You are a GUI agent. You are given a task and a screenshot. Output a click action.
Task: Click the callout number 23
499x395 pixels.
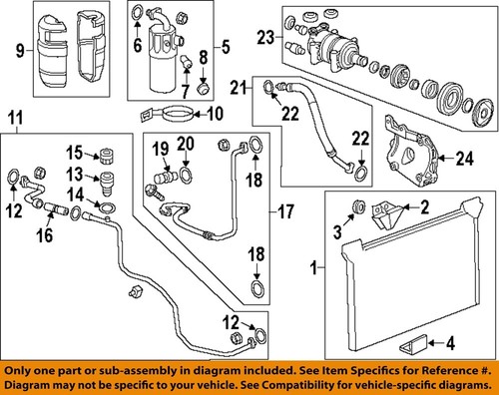[265, 37]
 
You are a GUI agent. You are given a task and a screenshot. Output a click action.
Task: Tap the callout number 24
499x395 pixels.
[465, 159]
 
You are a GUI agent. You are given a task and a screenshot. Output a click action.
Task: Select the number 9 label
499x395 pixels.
[20, 51]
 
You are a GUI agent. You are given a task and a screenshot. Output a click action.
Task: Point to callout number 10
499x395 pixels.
[215, 114]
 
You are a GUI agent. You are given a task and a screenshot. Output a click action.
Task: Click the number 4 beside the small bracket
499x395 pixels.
[450, 343]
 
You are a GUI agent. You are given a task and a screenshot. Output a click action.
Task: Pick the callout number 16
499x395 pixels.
[44, 235]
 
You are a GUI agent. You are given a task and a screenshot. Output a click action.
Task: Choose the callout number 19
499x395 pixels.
[161, 149]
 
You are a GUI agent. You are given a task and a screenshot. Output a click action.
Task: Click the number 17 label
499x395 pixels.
[285, 211]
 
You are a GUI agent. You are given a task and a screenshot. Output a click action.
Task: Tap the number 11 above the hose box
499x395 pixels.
[16, 119]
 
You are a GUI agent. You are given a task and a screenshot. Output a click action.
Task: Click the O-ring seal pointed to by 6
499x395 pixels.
[136, 13]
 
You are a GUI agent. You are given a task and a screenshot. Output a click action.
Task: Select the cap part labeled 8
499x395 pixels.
[204, 88]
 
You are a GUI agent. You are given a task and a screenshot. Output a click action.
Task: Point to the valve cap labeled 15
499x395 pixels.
[108, 155]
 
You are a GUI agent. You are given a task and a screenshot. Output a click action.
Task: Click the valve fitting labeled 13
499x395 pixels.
[107, 184]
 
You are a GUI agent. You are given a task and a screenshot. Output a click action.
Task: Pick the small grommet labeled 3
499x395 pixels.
[359, 206]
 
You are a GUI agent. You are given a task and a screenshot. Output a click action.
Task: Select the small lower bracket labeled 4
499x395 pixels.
[412, 344]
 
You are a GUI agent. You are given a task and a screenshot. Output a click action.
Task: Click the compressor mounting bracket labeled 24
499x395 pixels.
[412, 152]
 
